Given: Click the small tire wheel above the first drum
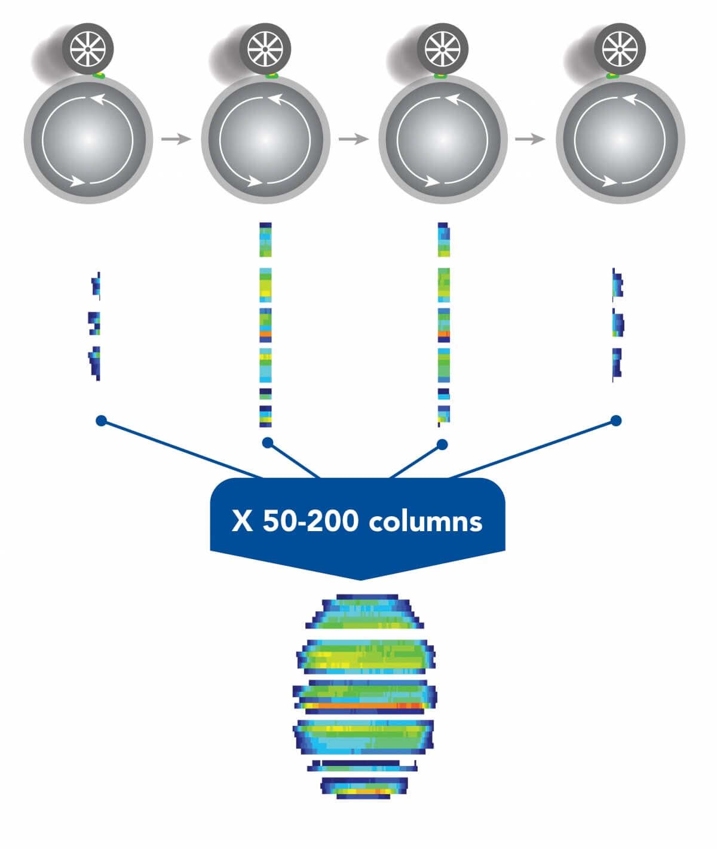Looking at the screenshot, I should pyautogui.click(x=88, y=48).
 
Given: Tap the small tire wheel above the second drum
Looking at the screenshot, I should pyautogui.click(x=265, y=48).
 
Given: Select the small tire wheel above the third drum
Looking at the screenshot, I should pyautogui.click(x=443, y=48).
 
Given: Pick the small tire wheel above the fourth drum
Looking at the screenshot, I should pyautogui.click(x=620, y=48).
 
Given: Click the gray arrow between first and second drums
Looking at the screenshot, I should pyautogui.click(x=176, y=139).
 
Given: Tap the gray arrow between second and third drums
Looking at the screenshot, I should pyautogui.click(x=353, y=139).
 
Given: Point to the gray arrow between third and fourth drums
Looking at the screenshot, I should pyautogui.click(x=530, y=139).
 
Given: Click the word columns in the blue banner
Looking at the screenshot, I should pyautogui.click(x=425, y=522).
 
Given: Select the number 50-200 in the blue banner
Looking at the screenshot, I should pyautogui.click(x=310, y=521).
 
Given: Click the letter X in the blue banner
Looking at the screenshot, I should pyautogui.click(x=243, y=521).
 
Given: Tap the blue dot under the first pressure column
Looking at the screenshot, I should pyautogui.click(x=101, y=421).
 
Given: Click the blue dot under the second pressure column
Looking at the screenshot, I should pyautogui.click(x=268, y=443).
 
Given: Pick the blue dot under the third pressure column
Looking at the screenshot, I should pyautogui.click(x=442, y=445).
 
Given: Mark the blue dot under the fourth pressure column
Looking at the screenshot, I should pyautogui.click(x=616, y=421).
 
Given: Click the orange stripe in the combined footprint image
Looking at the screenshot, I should pyautogui.click(x=364, y=706).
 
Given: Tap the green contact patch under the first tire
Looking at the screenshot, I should pyautogui.click(x=99, y=76).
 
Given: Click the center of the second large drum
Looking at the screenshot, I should pyautogui.click(x=265, y=139).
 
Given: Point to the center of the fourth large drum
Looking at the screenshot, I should pyautogui.click(x=620, y=139).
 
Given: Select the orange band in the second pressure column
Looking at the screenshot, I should pyautogui.click(x=265, y=333).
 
